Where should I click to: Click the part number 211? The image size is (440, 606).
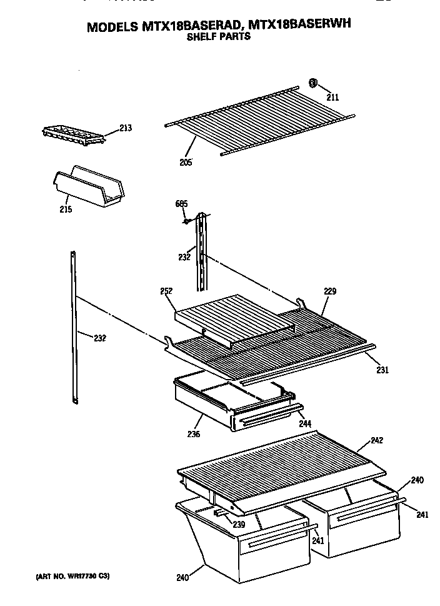(x=332, y=97)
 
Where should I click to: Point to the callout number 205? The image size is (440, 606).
(x=185, y=163)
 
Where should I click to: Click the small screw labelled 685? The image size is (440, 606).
(x=186, y=221)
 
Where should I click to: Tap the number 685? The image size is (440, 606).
(x=182, y=204)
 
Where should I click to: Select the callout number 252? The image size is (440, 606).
(x=166, y=291)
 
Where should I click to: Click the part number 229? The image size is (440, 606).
(x=331, y=291)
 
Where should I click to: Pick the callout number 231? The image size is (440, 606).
(x=382, y=370)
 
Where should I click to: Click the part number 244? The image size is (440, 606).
(x=305, y=424)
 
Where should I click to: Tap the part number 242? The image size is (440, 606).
(x=376, y=440)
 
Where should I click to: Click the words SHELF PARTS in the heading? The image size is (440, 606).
(x=219, y=36)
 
